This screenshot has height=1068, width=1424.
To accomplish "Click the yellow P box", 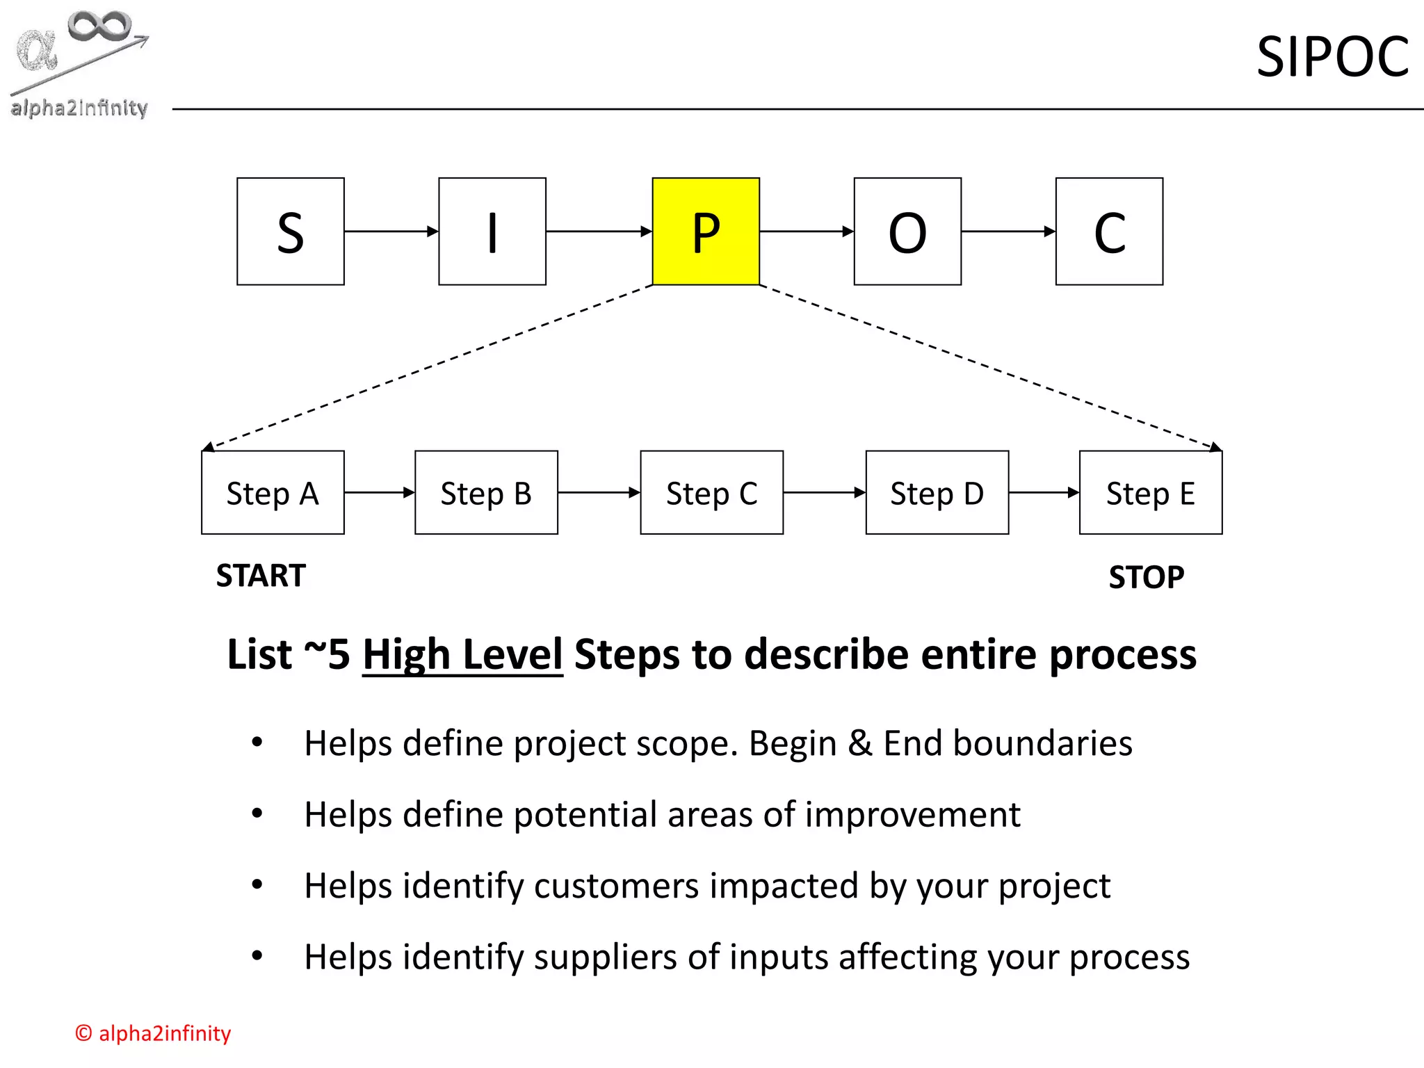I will point(706,232).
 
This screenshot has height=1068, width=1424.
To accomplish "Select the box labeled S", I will point(291,232).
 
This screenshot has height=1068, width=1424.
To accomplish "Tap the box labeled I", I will point(492,232).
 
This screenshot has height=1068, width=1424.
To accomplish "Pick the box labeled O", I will point(907,232).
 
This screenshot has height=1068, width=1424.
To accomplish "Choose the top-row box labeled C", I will point(1109,232).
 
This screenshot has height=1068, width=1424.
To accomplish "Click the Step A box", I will point(273,492).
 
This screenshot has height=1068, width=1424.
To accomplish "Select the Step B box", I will point(486,492).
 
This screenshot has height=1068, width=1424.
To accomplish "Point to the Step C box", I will point(711,492).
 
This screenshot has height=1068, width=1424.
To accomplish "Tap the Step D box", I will point(937,492).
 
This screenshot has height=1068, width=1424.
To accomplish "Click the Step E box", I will point(1151,492).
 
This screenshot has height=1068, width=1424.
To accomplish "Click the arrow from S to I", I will point(391,232).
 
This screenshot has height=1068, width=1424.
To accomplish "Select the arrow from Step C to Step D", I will point(824,492).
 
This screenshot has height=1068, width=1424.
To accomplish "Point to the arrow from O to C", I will point(1008,232).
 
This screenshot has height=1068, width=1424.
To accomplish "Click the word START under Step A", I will point(261,576).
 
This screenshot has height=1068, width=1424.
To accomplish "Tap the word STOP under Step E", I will point(1147,577).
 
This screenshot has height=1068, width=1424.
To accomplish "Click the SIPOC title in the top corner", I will point(1332,57).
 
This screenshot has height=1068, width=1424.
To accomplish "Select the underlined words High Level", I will point(462,655).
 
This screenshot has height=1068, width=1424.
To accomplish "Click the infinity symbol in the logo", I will point(99,26).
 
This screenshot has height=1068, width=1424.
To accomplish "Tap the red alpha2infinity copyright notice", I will point(153,1033).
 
